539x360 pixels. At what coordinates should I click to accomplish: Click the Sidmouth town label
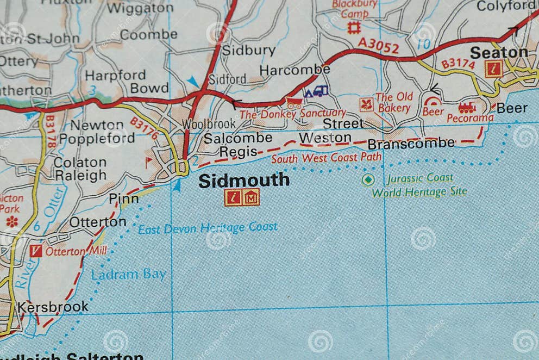pos(243,180)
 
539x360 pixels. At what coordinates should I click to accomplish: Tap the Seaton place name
pos(499,52)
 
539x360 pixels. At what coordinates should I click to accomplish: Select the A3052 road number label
pos(378,46)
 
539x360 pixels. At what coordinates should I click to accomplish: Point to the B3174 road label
pos(457,64)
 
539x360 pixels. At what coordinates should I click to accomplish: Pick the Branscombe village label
pos(411,144)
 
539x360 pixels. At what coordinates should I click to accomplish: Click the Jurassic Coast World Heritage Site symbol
pos(368,179)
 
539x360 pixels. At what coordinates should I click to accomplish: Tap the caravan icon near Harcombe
pos(316,91)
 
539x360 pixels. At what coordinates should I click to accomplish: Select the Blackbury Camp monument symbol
pos(354,27)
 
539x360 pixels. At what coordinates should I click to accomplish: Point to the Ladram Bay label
pos(129,274)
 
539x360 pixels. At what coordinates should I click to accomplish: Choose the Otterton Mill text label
pos(76,251)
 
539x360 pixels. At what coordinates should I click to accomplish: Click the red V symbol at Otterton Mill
pos(36,251)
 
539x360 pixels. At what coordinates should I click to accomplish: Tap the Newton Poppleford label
pos(97,132)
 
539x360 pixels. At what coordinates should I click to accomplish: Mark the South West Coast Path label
pos(326,158)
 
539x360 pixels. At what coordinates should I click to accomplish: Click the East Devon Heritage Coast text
pos(208,228)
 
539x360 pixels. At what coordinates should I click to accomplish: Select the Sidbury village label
pos(249,50)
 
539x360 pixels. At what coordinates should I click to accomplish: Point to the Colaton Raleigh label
pos(80,169)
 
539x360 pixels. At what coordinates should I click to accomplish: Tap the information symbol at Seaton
pos(493,69)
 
